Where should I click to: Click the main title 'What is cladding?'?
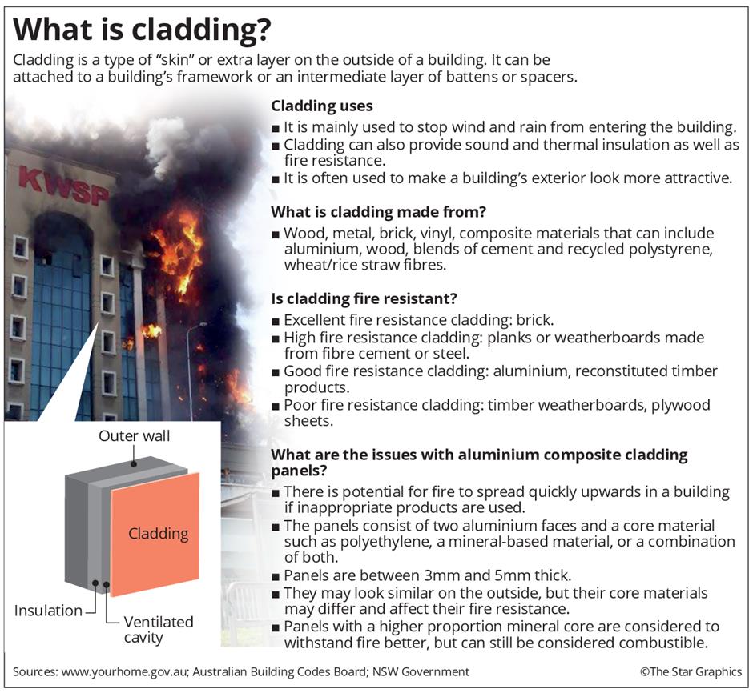pos(143,31)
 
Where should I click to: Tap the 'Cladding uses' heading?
pos(322,106)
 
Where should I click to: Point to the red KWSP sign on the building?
pos(65,183)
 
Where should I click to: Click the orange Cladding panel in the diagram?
pos(155,533)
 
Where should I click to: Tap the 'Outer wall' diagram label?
pos(135,436)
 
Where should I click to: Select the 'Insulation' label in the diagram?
pos(48,611)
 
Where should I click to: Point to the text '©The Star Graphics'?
pos(691,671)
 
